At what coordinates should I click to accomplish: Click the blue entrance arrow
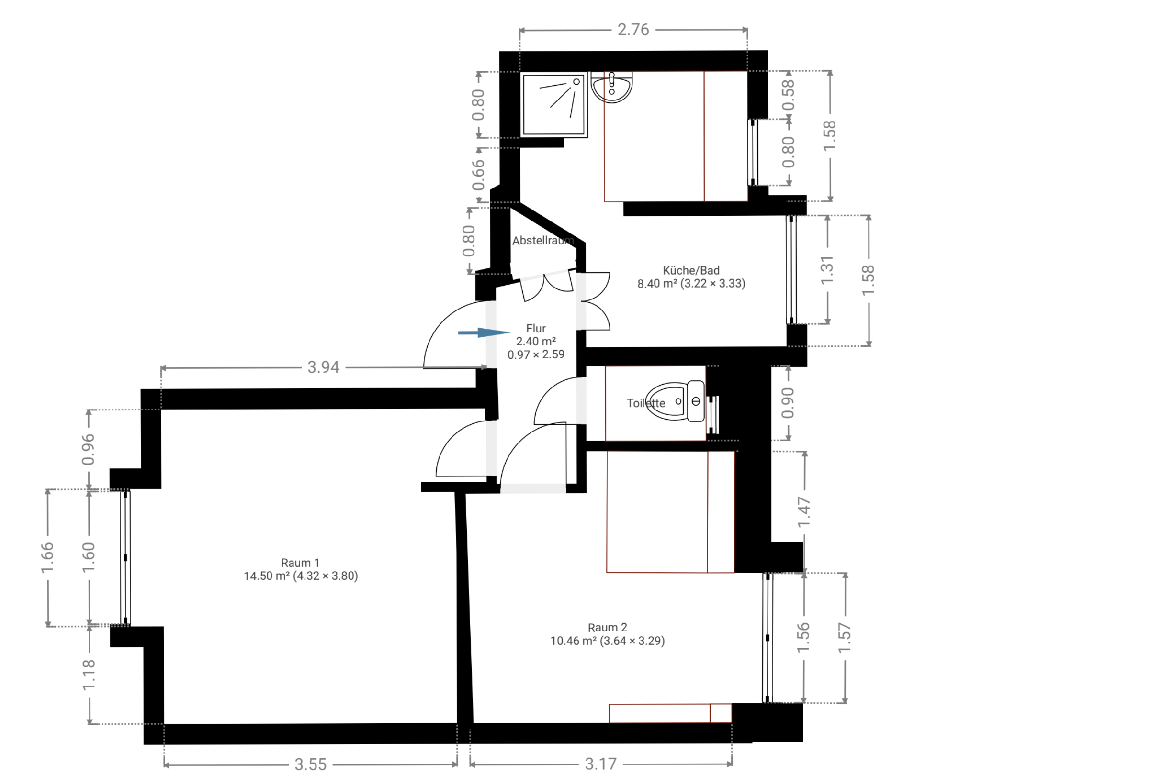(484, 332)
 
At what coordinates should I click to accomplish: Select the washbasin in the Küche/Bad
(612, 87)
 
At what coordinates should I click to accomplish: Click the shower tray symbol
(554, 105)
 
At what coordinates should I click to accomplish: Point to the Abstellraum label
(543, 241)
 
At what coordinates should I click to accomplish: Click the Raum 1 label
(300, 563)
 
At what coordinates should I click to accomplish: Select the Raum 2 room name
(607, 627)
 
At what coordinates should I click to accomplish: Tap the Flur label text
(536, 328)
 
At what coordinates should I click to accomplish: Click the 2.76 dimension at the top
(633, 30)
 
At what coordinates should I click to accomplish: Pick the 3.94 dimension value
(323, 367)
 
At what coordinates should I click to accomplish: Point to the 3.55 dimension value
(311, 764)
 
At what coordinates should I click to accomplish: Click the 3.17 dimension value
(601, 764)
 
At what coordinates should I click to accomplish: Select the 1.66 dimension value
(47, 557)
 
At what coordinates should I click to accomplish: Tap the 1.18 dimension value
(89, 675)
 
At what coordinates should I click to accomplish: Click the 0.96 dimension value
(88, 449)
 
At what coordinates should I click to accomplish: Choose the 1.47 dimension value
(804, 512)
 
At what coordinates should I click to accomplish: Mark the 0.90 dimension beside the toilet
(787, 403)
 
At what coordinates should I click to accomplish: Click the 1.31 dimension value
(827, 270)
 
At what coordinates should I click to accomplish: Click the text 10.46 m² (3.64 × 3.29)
(607, 641)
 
